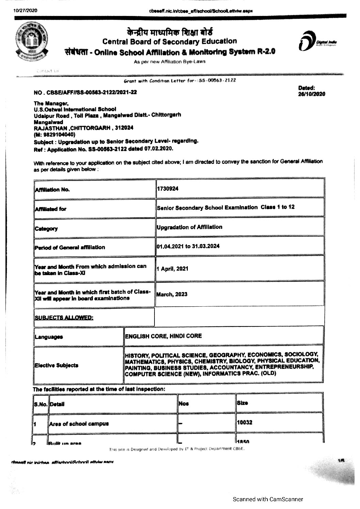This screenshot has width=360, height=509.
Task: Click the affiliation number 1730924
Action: click(167, 189)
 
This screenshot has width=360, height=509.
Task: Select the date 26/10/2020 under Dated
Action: click(311, 94)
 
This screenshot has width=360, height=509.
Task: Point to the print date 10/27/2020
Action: click(26, 11)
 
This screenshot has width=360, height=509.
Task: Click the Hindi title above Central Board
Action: click(169, 33)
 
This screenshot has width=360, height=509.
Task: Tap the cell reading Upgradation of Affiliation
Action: click(190, 227)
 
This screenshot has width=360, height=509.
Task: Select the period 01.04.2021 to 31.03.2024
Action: click(188, 246)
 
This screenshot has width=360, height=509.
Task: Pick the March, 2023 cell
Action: click(172, 294)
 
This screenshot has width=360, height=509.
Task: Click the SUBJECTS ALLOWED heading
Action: click(64, 318)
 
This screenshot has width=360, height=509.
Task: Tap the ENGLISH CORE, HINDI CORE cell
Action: click(163, 336)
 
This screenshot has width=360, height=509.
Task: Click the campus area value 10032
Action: click(245, 423)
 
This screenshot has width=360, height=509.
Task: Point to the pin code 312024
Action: click(124, 128)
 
